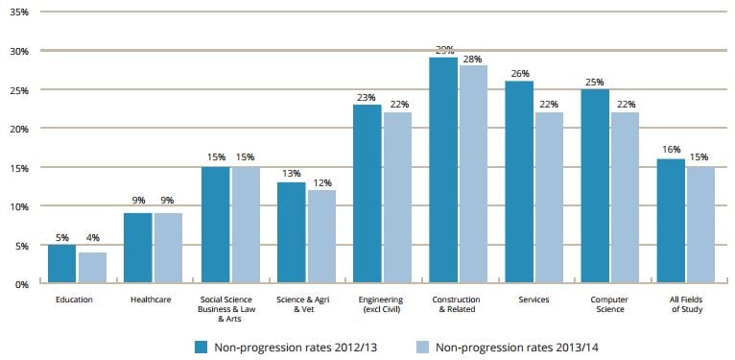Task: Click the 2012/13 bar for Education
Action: [61, 264]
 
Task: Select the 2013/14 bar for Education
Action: [92, 268]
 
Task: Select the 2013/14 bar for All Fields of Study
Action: [700, 226]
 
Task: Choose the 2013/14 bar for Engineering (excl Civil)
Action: [397, 198]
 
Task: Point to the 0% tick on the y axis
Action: [22, 284]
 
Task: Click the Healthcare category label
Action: [151, 300]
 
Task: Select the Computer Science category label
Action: [610, 305]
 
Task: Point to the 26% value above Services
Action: [519, 73]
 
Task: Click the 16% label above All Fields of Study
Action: [670, 151]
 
